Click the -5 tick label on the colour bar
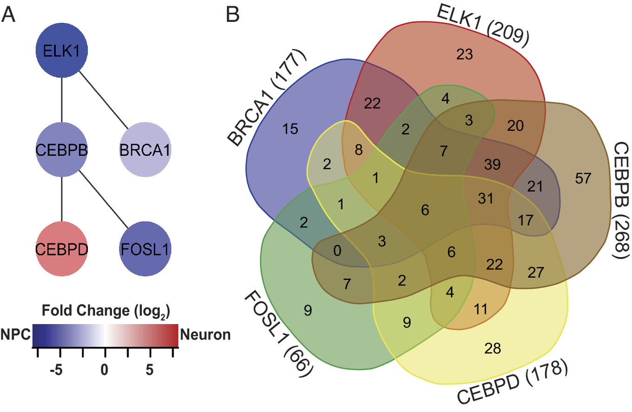55,372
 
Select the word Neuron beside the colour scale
205,335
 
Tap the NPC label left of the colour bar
16,335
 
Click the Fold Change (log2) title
105,310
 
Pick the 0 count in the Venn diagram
337,251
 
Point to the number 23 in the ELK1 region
464,55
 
